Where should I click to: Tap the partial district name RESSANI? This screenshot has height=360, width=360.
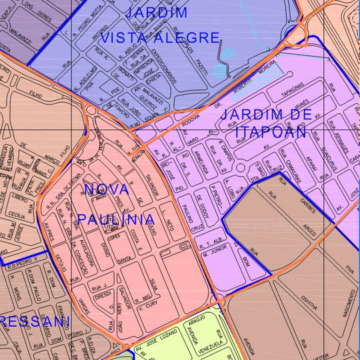coord(35,321)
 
